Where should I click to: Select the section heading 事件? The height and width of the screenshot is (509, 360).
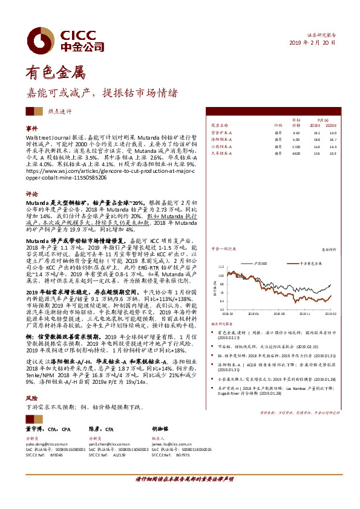click(31, 129)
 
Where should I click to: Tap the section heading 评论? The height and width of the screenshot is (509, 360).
click(31, 194)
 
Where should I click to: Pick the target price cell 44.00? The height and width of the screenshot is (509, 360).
click(296, 153)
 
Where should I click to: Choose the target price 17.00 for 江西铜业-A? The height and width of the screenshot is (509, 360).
click(296, 146)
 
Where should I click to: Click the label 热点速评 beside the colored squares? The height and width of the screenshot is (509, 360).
click(60, 111)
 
